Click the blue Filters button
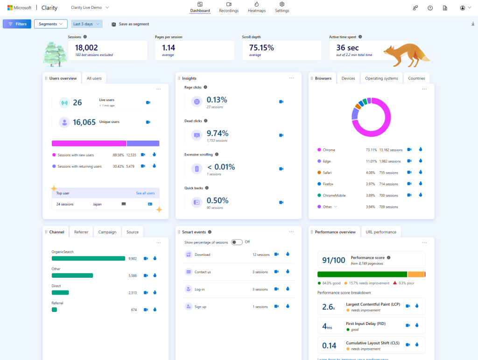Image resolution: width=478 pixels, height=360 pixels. (17, 24)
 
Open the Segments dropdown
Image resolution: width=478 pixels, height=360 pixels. (50, 24)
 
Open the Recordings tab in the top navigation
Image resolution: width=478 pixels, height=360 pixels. (229, 7)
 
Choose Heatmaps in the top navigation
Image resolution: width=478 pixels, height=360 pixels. (256, 7)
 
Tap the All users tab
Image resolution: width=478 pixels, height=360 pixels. (94, 78)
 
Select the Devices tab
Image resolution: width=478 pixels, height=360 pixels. (348, 78)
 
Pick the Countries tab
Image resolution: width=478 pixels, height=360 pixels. (416, 78)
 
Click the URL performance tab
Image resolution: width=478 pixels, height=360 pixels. (381, 232)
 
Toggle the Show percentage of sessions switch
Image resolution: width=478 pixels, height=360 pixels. (237, 242)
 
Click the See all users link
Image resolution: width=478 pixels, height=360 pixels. (145, 193)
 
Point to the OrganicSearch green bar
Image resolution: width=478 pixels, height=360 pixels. (88, 258)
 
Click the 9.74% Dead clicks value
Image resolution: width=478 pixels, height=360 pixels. (217, 134)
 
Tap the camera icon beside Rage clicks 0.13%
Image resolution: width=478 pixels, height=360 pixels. (281, 101)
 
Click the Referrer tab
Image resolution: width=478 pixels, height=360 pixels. (81, 232)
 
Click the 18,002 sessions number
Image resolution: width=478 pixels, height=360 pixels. (86, 48)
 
